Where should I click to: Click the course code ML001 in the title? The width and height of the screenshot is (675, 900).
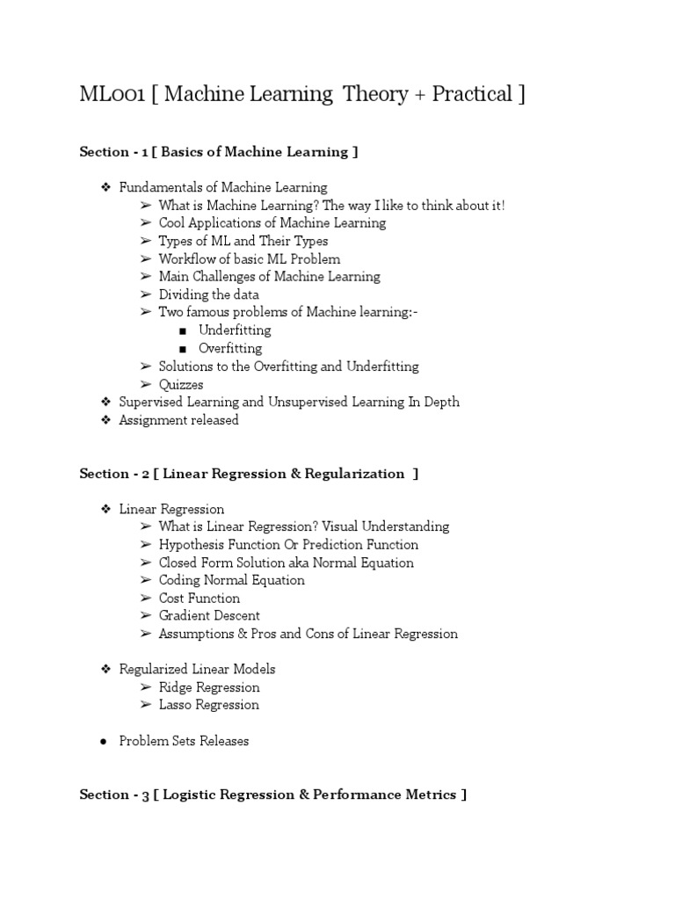coord(112,95)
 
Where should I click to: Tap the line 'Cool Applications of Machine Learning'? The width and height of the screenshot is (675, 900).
coord(272,223)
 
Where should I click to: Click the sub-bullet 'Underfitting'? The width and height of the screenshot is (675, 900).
coord(235,330)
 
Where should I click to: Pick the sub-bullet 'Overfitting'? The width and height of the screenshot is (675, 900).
coord(230,348)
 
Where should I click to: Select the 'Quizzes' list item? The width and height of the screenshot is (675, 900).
coord(181,384)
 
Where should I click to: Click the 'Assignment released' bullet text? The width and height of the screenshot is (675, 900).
coord(179,420)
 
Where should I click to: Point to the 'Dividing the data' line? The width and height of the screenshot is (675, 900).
coord(208,294)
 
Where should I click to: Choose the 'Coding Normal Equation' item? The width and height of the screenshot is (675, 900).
coord(232,580)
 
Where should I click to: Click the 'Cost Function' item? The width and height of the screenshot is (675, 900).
coord(200,598)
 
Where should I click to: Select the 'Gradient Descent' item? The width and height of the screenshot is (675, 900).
coord(209,616)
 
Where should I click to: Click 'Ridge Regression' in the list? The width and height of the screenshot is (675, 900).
coord(209,687)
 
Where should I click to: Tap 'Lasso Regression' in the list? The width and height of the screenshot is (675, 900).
coord(209,705)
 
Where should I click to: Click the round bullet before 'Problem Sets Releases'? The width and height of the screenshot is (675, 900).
coord(104,742)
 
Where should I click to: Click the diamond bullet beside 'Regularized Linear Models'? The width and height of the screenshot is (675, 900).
coord(104,670)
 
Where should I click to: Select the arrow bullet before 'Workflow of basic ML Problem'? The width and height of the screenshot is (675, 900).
coord(145,259)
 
